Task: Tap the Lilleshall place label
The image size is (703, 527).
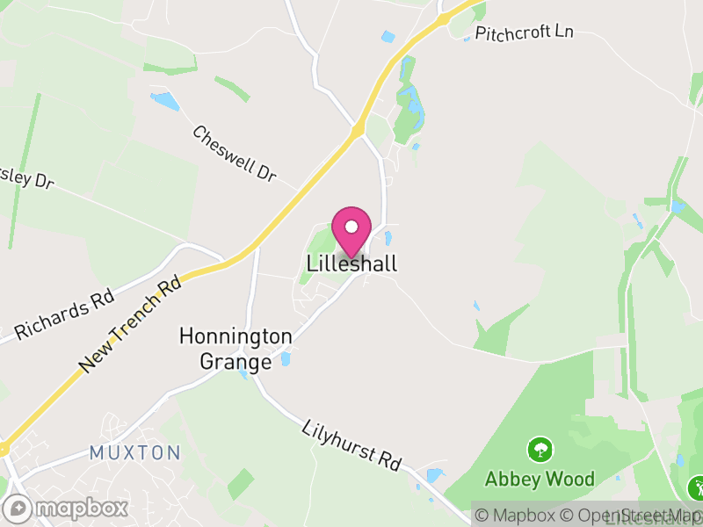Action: [351, 263]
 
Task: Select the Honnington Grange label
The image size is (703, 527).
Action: [236, 349]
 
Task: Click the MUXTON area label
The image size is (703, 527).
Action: [134, 453]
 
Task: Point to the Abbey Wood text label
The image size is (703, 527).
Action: [540, 480]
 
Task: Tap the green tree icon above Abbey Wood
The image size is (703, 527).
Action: [540, 451]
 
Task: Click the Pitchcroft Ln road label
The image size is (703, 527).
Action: [524, 32]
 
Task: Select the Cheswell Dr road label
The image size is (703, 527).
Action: [234, 154]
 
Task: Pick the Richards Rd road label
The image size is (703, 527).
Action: [64, 316]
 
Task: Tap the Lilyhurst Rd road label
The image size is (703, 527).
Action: [351, 444]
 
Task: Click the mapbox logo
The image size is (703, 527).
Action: [67, 508]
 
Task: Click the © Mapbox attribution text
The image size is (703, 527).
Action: [515, 516]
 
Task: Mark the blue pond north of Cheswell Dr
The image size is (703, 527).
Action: [164, 101]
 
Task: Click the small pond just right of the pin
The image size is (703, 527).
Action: [388, 237]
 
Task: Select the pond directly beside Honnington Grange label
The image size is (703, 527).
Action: [285, 358]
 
